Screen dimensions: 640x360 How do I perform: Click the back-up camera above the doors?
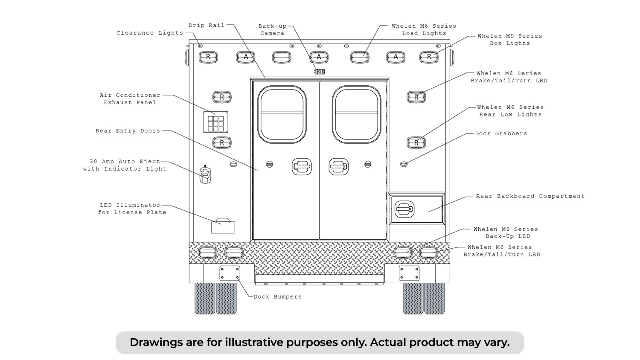(x=320, y=71)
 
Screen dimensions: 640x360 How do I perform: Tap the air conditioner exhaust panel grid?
(x=216, y=122)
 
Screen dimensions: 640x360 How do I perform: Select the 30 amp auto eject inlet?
(x=205, y=175)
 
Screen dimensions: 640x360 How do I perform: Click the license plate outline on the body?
(x=223, y=227)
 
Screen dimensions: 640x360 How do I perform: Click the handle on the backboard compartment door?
(x=404, y=209)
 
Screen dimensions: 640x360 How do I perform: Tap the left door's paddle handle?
(x=302, y=167)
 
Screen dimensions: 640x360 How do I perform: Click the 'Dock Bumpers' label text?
(x=278, y=297)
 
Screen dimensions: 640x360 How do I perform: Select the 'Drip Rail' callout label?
(x=207, y=26)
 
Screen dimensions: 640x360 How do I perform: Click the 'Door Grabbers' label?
(x=501, y=134)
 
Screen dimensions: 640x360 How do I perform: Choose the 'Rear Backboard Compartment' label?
(x=530, y=196)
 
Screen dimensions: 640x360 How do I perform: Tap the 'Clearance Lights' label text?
(x=150, y=33)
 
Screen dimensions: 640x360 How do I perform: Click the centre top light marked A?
(x=319, y=57)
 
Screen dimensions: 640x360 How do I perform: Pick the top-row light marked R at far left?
(x=208, y=57)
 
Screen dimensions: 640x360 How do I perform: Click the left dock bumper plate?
(x=230, y=273)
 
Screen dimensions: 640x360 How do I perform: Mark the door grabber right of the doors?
(x=404, y=164)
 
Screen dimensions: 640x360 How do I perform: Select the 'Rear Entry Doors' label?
(x=128, y=131)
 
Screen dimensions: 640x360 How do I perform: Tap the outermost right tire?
(x=435, y=299)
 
